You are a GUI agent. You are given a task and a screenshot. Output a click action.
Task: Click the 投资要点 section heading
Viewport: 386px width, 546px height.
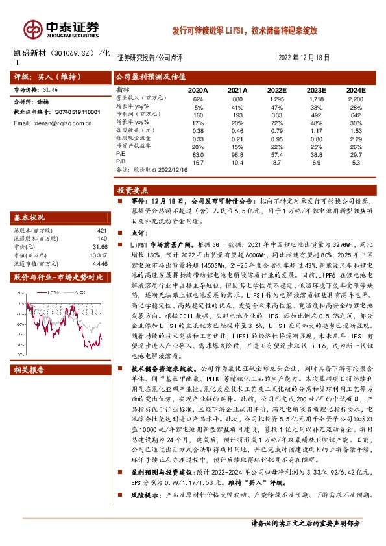tap(133, 191)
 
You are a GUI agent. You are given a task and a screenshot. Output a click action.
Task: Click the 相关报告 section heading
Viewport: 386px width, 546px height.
tap(30, 370)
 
